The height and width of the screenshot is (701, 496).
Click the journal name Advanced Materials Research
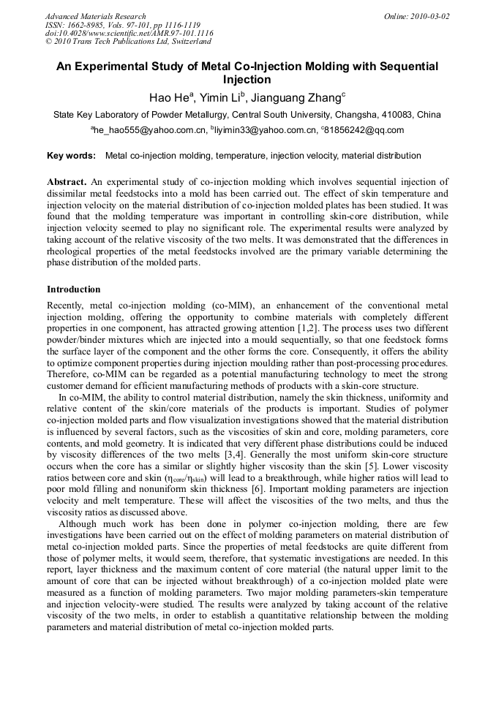pyautogui.click(x=95, y=16)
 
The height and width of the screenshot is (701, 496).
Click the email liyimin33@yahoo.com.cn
pyautogui.click(x=265, y=131)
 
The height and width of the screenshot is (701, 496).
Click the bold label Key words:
pyautogui.click(x=71, y=156)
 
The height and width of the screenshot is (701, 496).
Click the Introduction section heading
pyautogui.click(x=74, y=289)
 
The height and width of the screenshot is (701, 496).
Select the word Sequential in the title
pyautogui.click(x=407, y=67)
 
